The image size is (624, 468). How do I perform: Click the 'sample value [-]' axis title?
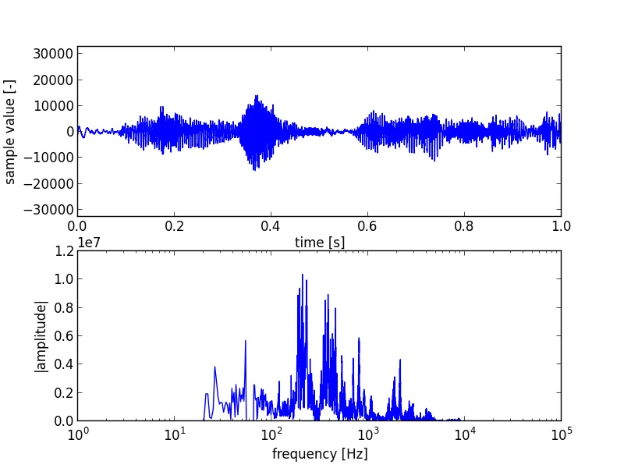[x=10, y=131]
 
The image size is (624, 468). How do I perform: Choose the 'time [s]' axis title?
[x=320, y=243]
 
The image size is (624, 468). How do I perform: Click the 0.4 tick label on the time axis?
[x=271, y=226]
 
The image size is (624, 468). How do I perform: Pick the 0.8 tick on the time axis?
[x=464, y=226]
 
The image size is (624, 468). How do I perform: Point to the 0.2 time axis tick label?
[x=174, y=226]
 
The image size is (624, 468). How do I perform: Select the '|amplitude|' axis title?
[x=41, y=335]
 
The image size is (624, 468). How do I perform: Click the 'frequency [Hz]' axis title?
[x=320, y=454]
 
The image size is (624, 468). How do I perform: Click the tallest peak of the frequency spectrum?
[x=303, y=275]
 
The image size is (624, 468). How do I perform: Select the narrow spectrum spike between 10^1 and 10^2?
[x=246, y=341]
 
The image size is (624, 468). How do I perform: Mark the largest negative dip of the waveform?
[x=255, y=169]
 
